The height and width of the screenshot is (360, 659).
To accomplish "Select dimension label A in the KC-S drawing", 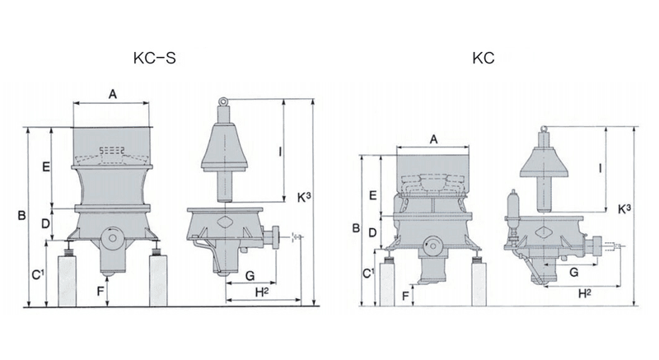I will (113, 95).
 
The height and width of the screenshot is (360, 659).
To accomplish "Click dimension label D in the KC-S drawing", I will (46, 222).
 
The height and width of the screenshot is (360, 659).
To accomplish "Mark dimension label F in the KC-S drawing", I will (99, 290).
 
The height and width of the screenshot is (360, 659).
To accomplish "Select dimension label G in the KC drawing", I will (573, 271).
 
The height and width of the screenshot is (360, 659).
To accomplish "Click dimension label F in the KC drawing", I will (406, 294).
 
